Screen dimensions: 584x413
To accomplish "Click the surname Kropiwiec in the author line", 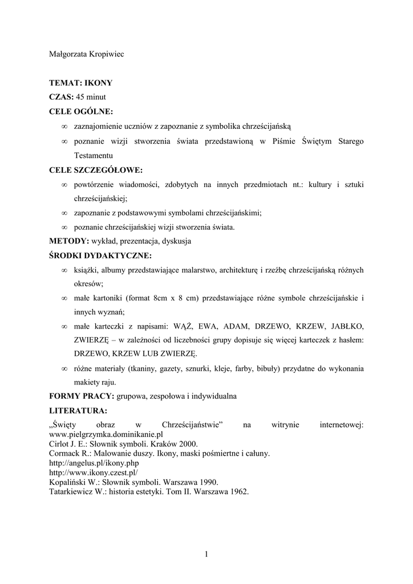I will tap(103, 54).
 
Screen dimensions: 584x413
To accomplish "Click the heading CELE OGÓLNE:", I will tap(81, 111).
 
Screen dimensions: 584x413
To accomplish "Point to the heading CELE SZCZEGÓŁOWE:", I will tap(96, 170).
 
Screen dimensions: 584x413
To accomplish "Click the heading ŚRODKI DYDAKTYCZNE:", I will tap(100, 255).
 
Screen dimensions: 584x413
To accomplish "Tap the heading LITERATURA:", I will tap(78, 410).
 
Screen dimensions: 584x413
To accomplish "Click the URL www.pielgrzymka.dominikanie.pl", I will tap(107, 434).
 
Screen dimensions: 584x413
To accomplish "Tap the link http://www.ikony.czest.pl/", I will tap(94, 473).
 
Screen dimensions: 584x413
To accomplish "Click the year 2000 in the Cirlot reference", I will tap(188, 444).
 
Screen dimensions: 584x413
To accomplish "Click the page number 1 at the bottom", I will tap(206, 554).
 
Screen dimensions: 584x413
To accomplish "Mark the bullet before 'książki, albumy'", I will tap(64, 270).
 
